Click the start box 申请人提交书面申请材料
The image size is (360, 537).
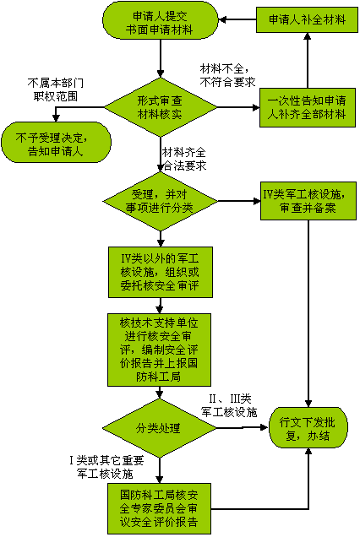160,21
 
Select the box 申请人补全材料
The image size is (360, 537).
307,20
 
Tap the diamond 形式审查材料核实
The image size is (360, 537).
160,107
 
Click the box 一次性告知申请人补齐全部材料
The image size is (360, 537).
308,107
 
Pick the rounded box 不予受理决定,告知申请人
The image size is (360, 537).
56,142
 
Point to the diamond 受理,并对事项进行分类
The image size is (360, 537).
160,201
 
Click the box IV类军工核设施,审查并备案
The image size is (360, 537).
308,201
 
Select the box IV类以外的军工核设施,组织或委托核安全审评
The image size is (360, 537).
161,272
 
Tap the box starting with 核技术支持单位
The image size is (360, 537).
159,350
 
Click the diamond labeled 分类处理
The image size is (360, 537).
159,428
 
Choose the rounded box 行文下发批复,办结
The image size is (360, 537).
308,428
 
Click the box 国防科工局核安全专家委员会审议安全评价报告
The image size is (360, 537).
159,508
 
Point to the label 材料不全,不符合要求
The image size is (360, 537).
227,75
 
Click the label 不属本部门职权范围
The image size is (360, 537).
55,89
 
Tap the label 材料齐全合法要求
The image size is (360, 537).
184,159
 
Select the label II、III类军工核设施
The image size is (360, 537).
229,405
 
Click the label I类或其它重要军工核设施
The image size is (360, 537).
106,467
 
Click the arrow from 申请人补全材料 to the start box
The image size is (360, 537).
237,20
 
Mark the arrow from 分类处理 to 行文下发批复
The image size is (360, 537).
242,427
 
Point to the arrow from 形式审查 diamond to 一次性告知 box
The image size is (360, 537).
238,107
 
